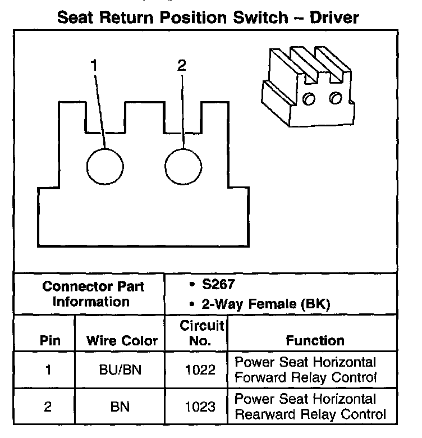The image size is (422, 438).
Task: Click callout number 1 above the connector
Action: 94,66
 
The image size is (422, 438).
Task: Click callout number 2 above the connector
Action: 181,66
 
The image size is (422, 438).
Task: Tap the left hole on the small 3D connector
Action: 309,99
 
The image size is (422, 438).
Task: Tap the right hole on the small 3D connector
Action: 335,97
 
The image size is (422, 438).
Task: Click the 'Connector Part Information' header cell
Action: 93,294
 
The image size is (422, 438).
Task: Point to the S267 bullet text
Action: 215,285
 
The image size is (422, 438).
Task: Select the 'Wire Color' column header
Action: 122,341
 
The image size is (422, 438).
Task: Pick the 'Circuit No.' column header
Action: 201,333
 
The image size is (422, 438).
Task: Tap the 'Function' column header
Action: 315,340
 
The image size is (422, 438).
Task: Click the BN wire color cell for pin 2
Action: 120,407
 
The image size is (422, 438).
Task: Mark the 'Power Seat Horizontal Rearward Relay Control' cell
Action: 310,407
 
